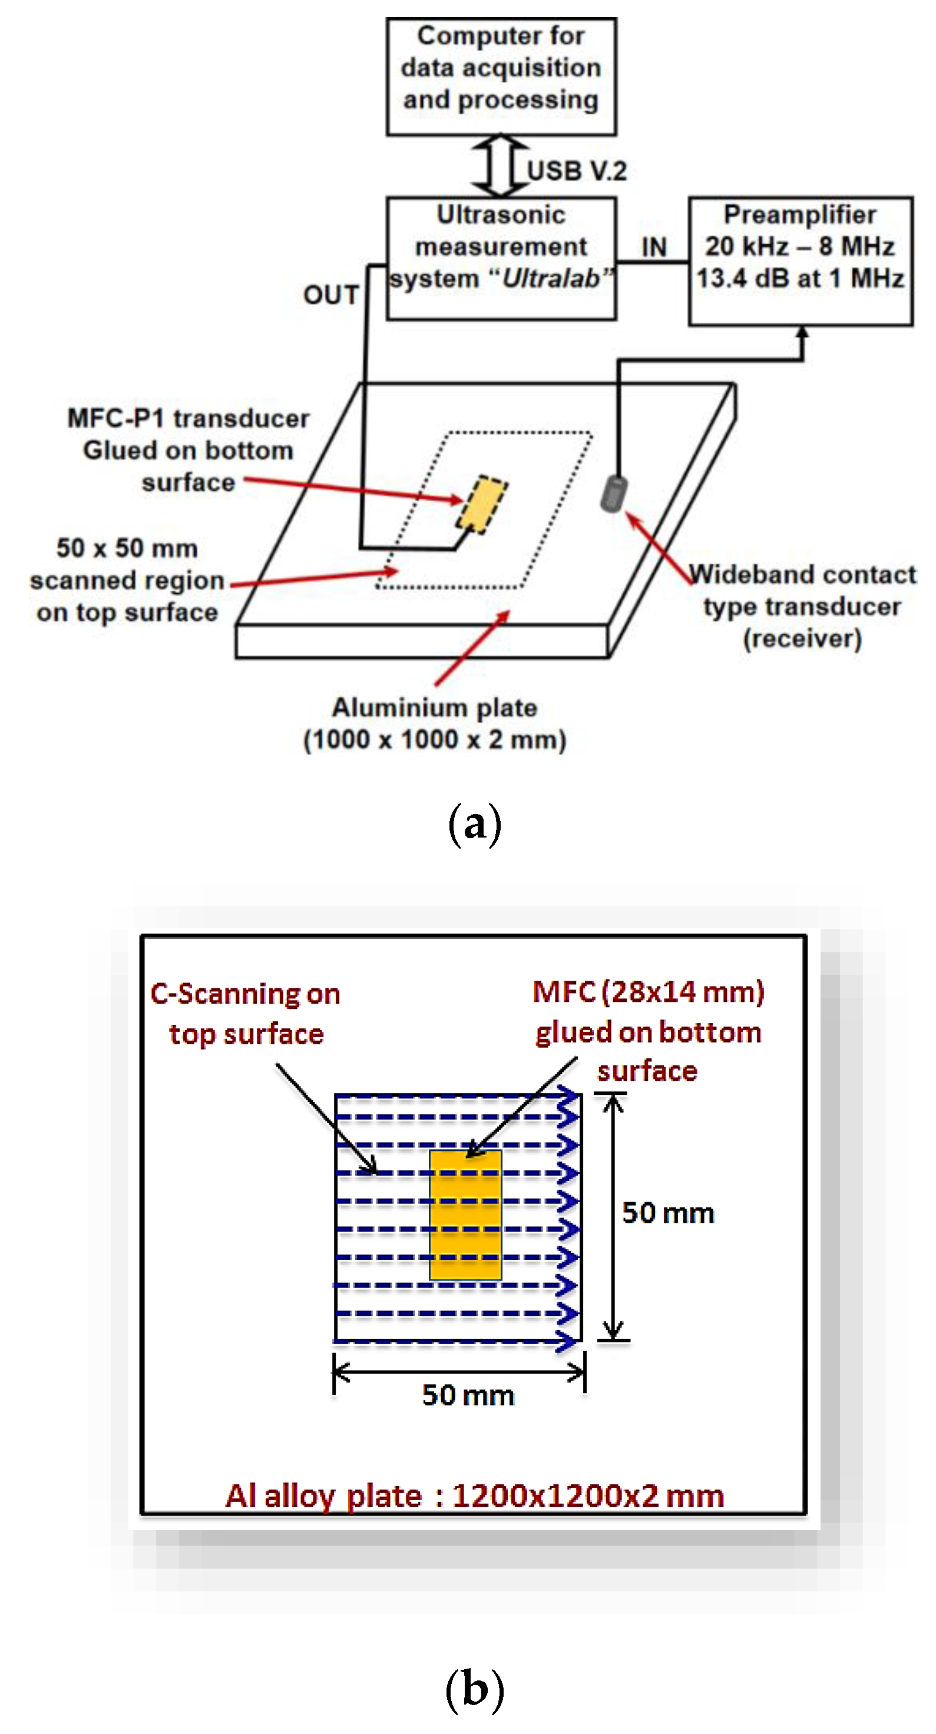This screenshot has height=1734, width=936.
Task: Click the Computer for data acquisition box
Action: [501, 76]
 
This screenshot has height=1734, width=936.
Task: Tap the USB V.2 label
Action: [577, 171]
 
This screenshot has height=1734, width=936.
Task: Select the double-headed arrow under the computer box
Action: [499, 166]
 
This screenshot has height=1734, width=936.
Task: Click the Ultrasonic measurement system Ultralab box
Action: [501, 258]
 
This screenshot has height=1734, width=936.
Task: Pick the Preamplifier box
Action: [800, 260]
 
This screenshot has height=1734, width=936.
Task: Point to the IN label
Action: [653, 247]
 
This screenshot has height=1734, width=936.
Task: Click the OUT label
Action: [330, 295]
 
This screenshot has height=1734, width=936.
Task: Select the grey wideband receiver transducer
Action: [613, 494]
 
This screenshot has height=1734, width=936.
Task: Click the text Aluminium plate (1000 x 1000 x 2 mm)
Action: [435, 724]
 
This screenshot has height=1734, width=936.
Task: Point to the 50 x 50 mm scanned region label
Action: [127, 580]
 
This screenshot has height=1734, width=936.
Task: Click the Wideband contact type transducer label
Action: [802, 606]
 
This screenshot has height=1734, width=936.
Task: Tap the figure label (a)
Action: [474, 823]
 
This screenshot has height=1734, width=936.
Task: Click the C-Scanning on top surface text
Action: [246, 1014]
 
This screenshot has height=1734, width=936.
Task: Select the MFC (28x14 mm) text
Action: [648, 991]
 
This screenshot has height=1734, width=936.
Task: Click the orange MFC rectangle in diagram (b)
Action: [465, 1215]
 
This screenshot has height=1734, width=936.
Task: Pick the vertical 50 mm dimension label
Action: [667, 1213]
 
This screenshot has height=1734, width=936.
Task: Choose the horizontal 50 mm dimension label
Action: [468, 1395]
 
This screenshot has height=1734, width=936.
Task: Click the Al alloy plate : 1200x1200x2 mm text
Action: [474, 1495]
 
